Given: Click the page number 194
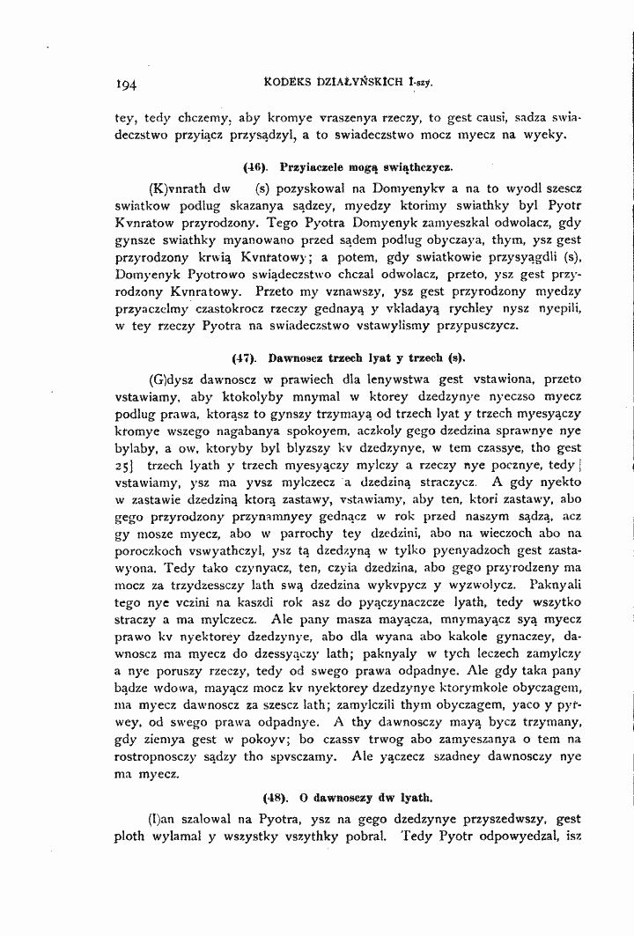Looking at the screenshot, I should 129,86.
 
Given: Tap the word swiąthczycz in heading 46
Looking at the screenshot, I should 417,166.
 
